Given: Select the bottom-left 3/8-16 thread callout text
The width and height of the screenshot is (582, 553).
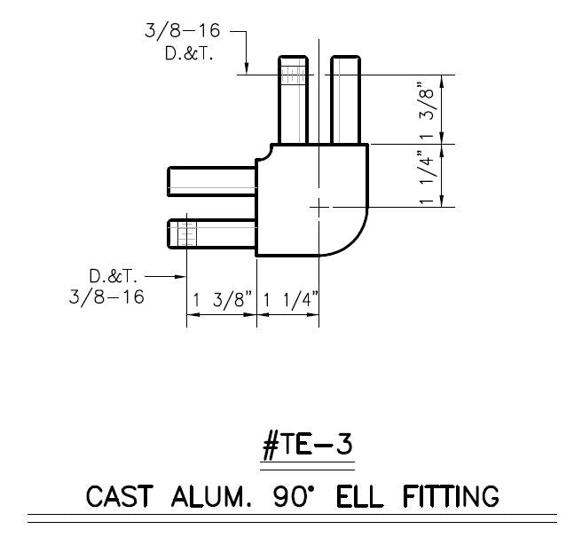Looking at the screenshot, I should point(106,296).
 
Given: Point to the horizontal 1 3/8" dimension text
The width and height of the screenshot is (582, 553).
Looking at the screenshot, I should point(221,302).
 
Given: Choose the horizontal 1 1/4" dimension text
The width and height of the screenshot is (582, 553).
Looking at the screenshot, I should point(287,302).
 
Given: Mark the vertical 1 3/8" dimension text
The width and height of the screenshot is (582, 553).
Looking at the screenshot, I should point(429,109).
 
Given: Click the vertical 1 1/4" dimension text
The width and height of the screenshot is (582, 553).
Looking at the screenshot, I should point(429,177).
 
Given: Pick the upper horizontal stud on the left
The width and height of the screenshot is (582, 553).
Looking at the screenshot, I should point(212,180).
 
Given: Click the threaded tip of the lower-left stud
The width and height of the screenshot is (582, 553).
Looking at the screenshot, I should point(184,235).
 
